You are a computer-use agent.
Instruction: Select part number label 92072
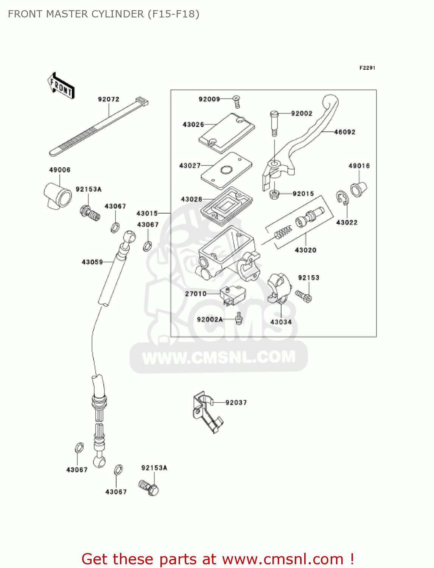point(109,99)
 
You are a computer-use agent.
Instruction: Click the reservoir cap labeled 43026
point(227,133)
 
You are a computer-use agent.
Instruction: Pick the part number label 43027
point(190,165)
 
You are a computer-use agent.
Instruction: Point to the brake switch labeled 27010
point(233,296)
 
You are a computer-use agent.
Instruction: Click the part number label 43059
point(92,262)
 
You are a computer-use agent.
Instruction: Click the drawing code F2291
point(367,68)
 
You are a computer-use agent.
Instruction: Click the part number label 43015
point(147,214)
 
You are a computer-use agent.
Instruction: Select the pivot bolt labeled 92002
point(274,123)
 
